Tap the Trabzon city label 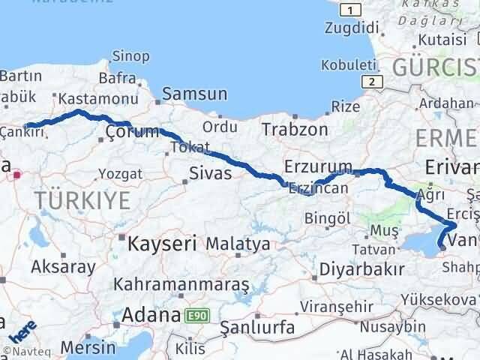tap(295, 129)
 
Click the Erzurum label tap(318, 166)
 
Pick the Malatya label tap(238, 244)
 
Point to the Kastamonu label tap(87, 98)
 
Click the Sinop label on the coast tap(130, 55)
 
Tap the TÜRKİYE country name tap(82, 200)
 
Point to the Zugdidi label tap(351, 28)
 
